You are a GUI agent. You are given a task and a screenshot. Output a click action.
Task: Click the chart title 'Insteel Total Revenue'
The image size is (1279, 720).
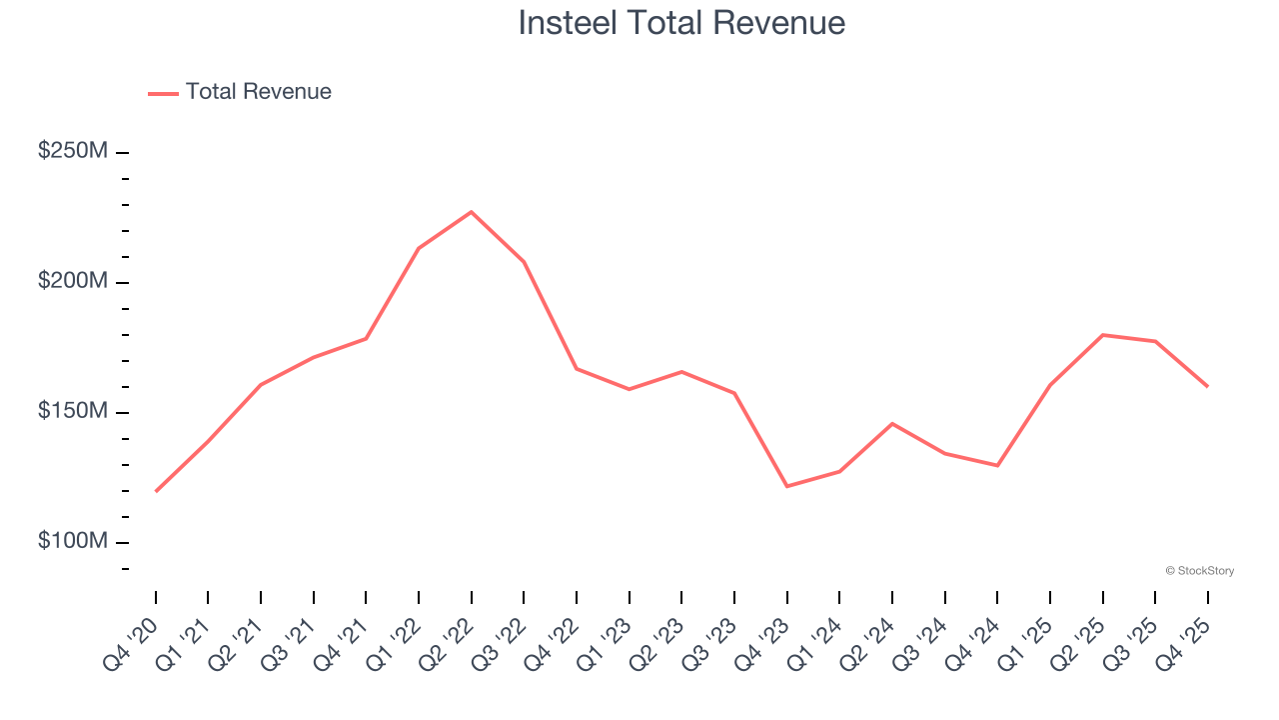point(681,22)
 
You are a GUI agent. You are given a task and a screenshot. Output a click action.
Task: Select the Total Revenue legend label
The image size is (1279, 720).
point(258,92)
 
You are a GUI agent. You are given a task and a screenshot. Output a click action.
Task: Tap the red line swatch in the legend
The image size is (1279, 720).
point(163,93)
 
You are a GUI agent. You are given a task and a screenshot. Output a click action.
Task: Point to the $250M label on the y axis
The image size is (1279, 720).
point(73,151)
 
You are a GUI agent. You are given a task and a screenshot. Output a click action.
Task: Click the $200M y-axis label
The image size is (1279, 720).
point(73,281)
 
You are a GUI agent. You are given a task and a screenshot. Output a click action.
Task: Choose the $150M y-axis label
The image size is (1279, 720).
point(73,411)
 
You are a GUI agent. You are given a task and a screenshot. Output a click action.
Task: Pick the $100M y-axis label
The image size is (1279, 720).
point(73,541)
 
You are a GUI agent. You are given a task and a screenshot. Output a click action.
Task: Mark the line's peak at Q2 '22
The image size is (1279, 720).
point(472,212)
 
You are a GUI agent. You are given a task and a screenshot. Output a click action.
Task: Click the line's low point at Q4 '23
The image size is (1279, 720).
point(787,486)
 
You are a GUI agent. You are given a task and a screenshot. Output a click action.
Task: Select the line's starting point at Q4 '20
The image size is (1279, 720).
point(156,491)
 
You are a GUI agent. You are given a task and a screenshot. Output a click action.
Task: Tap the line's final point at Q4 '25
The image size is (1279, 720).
point(1207,386)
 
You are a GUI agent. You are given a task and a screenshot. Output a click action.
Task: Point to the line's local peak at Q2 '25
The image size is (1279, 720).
point(1102,335)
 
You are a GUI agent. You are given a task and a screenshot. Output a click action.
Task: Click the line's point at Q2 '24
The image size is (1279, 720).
point(892,424)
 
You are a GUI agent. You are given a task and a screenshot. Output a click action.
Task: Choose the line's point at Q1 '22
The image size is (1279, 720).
point(419,248)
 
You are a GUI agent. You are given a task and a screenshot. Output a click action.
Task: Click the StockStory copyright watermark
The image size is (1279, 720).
point(1199,571)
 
